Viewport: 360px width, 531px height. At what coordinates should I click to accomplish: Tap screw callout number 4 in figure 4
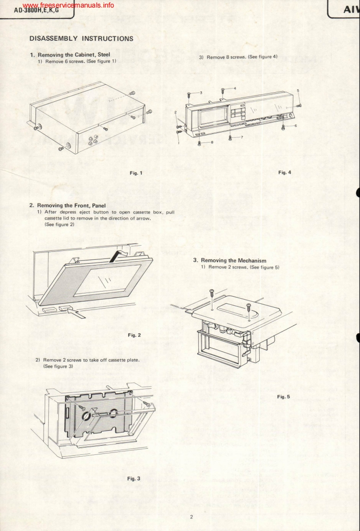[x=234, y=88]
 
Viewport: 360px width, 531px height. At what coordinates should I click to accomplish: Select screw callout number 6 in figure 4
[x=295, y=125]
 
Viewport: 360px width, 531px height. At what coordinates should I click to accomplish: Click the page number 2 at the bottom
[x=191, y=517]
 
